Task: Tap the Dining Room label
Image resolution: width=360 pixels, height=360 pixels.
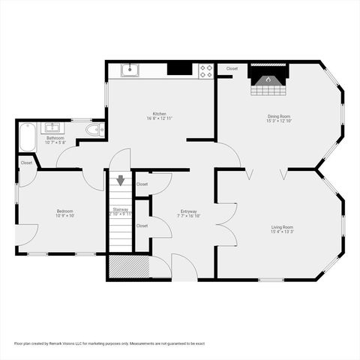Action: pos(280,116)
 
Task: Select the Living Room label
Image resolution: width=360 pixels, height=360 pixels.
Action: pos(282,226)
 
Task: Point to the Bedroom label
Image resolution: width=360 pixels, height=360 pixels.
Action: pos(64,211)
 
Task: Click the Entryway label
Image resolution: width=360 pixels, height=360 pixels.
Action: pos(188,211)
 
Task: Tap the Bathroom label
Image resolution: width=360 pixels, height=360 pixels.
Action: pos(55,138)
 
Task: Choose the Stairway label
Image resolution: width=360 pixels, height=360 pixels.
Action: pos(121,209)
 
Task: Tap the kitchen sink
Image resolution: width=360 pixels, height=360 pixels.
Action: pos(130,70)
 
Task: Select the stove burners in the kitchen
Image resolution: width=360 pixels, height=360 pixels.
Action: pos(205,70)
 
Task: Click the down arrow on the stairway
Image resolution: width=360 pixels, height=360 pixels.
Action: pos(120,181)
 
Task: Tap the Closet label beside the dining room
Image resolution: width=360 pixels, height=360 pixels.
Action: pos(232,68)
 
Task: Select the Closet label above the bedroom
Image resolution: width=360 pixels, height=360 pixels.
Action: pos(27,163)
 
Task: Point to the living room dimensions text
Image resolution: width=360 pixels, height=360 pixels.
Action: pos(282,232)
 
